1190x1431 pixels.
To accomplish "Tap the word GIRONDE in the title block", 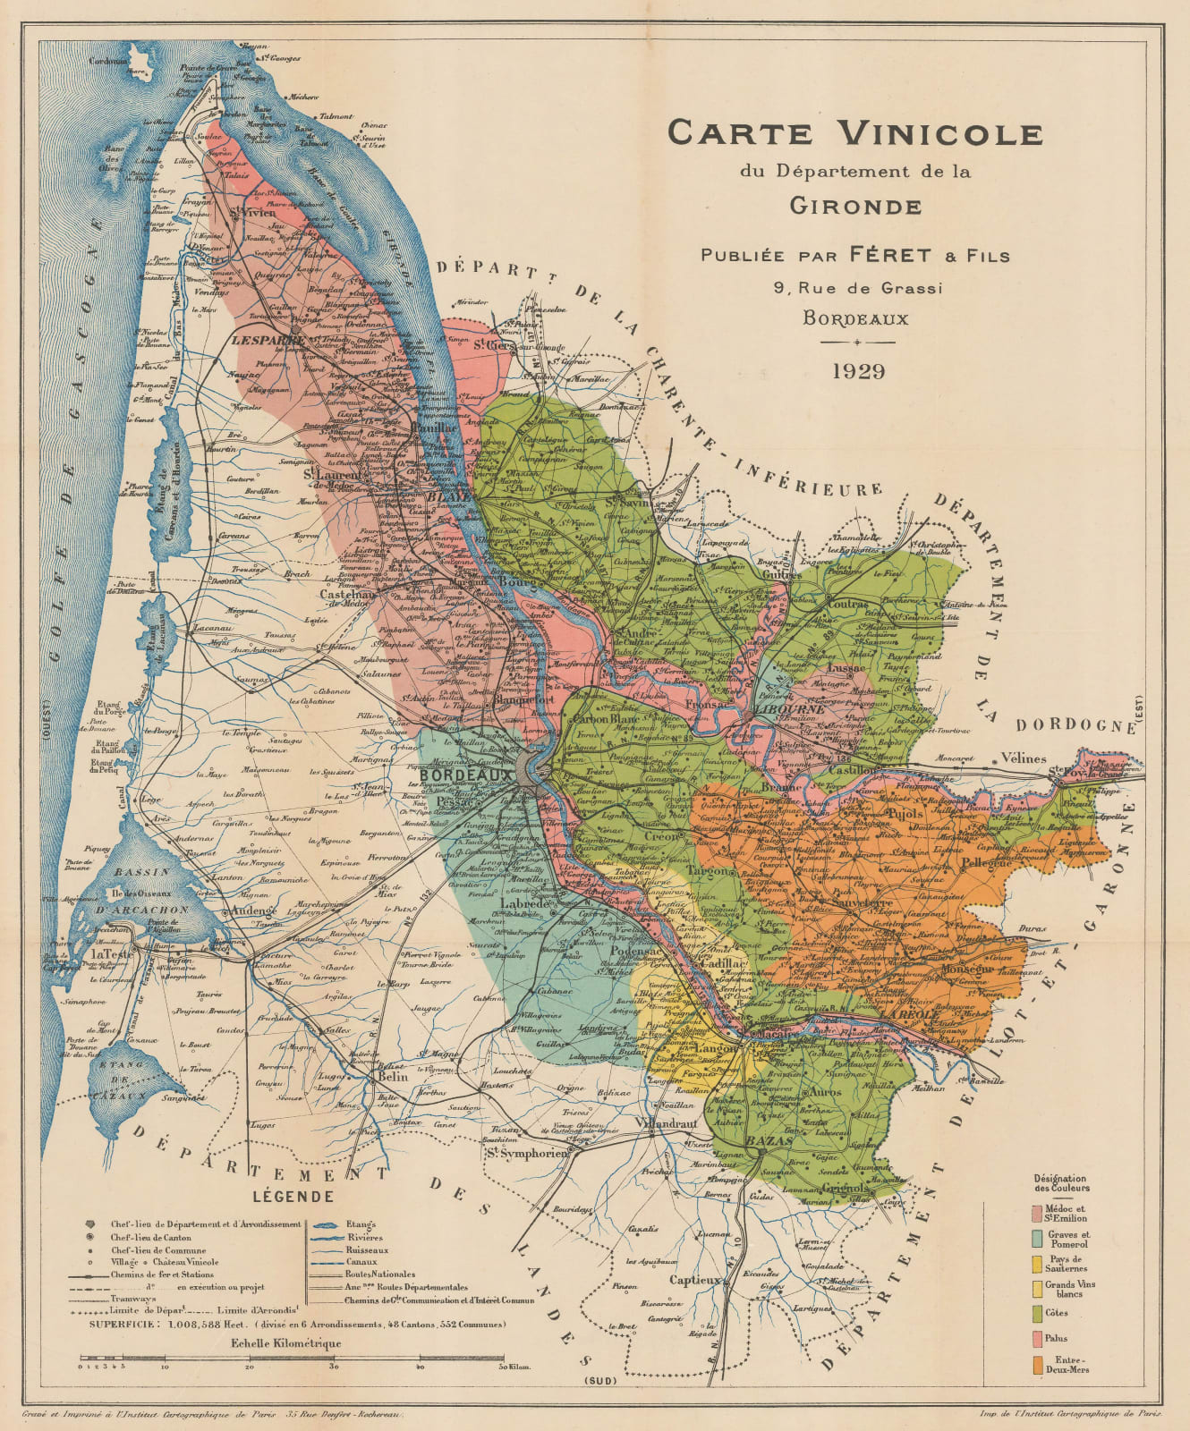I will point(855,207).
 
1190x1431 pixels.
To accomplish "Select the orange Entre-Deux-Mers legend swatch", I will point(1037,1365).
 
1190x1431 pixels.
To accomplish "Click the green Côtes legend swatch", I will point(1037,1314).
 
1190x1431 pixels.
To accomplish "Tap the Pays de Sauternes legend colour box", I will point(1037,1263).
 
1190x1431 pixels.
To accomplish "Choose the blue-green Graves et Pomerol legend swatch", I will point(1037,1239).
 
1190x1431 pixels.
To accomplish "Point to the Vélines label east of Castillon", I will point(1023,758).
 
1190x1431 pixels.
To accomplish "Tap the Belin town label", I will point(393,1077).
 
